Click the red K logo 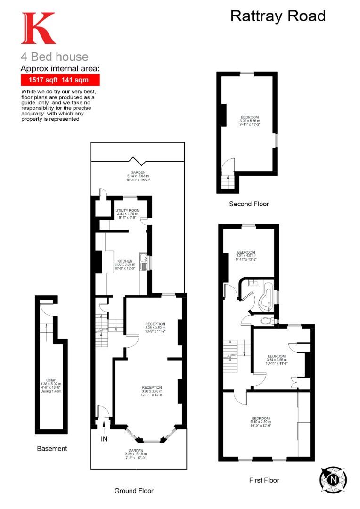[x=38, y=28]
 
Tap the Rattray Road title [x=278, y=16]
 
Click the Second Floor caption [x=249, y=204]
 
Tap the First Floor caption [x=264, y=480]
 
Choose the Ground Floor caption [x=134, y=491]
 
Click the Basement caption [x=52, y=448]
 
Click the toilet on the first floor [x=267, y=321]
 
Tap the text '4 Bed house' [x=54, y=57]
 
